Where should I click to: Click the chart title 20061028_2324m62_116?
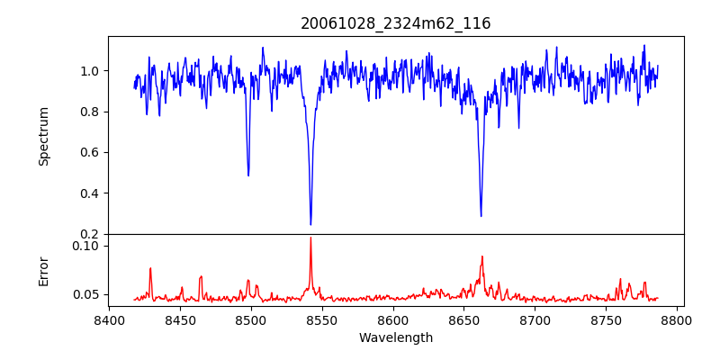[x=396, y=23]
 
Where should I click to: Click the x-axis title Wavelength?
[x=396, y=337]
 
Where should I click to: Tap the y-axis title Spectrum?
[x=43, y=136]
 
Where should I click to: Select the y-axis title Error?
[x=43, y=271]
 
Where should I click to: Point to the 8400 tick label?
[x=109, y=319]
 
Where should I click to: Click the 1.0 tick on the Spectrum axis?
[x=91, y=71]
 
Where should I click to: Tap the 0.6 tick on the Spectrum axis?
[x=91, y=152]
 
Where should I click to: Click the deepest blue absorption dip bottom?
[x=310, y=224]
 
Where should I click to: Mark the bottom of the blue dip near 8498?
[x=248, y=175]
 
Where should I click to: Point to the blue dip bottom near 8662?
[x=481, y=216]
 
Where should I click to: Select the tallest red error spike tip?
[x=310, y=238]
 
